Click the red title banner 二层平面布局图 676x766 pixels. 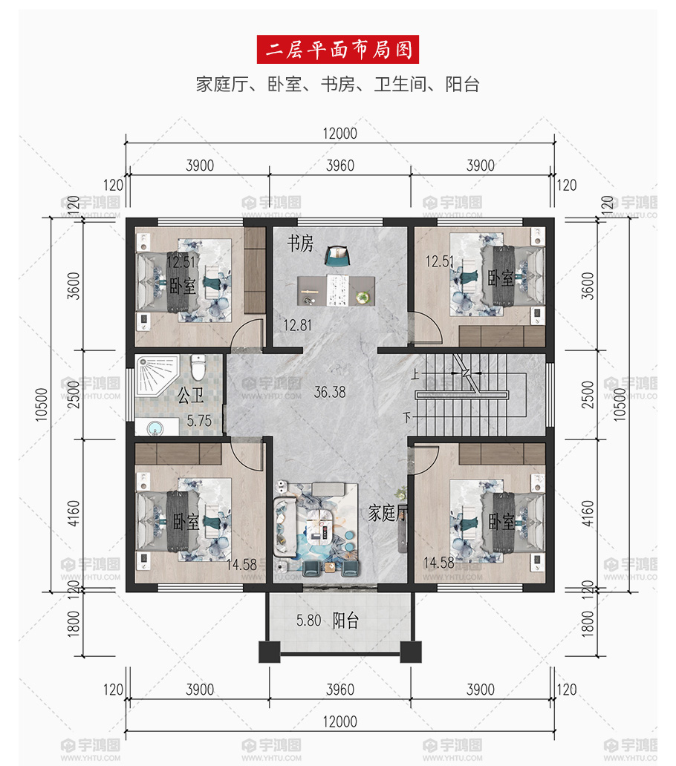[x=338, y=49]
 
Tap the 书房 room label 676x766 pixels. [x=300, y=243]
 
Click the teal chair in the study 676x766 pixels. [x=338, y=256]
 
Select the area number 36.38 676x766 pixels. [x=329, y=392]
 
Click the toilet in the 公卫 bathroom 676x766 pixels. [x=198, y=367]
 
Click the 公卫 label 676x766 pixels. [x=190, y=395]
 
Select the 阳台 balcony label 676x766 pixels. [x=345, y=621]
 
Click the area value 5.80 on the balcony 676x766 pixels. [x=308, y=621]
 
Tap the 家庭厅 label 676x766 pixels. [x=388, y=513]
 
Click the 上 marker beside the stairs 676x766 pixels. [x=415, y=374]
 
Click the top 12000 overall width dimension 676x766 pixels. [x=339, y=134]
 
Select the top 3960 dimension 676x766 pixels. [x=340, y=166]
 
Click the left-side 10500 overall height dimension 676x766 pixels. [x=42, y=405]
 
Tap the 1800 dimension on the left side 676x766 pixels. [x=73, y=623]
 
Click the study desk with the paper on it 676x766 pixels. [x=337, y=291]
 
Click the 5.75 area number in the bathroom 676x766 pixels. [x=199, y=421]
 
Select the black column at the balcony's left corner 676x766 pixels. [x=270, y=652]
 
